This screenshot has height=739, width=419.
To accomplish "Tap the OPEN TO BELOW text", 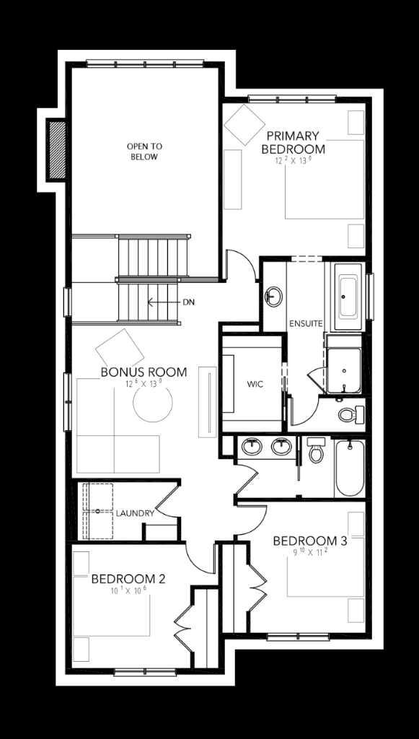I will (144, 151).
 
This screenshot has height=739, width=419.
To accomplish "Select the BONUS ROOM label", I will (144, 372).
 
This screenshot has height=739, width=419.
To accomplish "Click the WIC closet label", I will (254, 384).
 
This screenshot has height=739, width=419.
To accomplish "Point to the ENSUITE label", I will (305, 323).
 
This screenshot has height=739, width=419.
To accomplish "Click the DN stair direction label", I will (188, 302).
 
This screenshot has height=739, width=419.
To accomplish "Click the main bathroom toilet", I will (315, 452).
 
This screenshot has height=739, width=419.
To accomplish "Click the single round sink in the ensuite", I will (274, 296).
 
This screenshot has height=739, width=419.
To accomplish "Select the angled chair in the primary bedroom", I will (244, 125).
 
